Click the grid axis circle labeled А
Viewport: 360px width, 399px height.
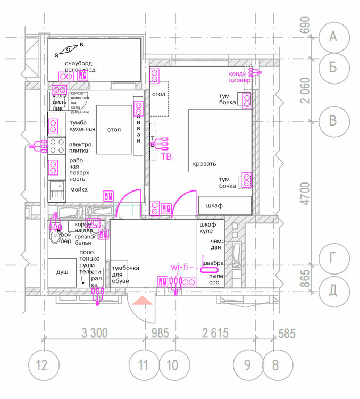pos(333,36)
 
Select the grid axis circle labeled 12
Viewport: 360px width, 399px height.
pos(41,365)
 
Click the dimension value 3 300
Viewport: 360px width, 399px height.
pos(96,334)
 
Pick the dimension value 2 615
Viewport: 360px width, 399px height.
pos(215,334)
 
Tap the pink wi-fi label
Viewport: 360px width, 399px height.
pos(179,267)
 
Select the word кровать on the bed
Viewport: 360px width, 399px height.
pos(205,164)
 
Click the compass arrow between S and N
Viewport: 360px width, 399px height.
pos(69,50)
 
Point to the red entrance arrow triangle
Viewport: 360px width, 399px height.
pos(143,302)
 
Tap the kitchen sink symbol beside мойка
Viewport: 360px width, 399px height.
pos(56,190)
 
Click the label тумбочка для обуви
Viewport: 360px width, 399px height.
pos(125,275)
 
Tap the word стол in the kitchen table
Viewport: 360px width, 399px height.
pos(114,130)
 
